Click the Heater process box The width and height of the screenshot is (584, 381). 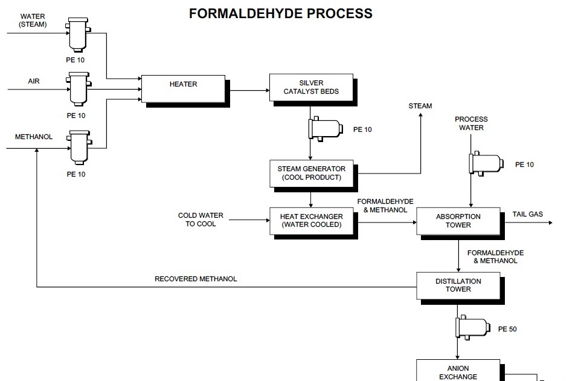pos(183,88)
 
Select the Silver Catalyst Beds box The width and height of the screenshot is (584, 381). pos(311,88)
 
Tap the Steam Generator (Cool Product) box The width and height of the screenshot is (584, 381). pos(311,174)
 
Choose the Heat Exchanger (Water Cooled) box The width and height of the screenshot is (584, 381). pos(311,221)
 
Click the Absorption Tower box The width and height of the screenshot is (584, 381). pos(458,221)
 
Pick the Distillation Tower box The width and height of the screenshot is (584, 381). pos(458,285)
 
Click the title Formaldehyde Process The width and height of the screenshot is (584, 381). pos(281,13)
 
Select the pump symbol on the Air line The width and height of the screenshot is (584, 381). pos(77,90)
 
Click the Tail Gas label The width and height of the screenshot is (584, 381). pos(527,214)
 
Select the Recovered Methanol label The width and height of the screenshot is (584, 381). pos(196,279)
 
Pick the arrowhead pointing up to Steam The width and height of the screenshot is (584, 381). pos(420,117)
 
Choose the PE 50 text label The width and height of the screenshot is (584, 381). pos(507,330)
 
